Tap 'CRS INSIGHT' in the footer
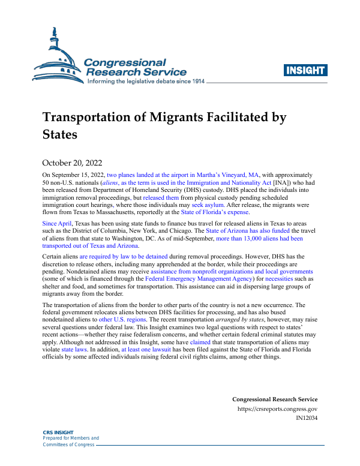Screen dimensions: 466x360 [58, 432]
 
